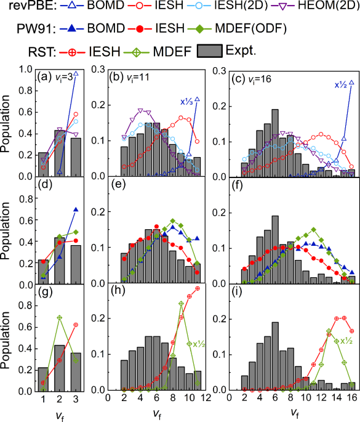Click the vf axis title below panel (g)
point(58,413)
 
